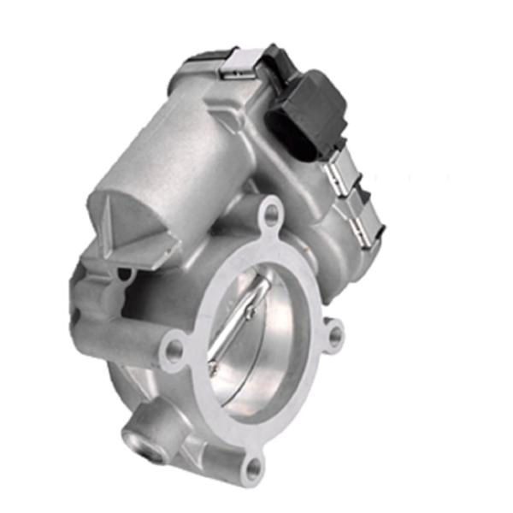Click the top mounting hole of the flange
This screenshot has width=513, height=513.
tap(271, 213)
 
